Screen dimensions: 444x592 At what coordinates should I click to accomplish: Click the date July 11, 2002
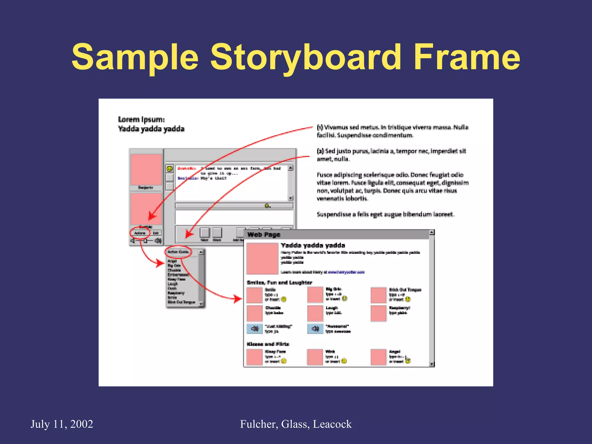pyautogui.click(x=62, y=424)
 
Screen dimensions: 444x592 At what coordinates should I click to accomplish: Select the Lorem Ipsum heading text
pyautogui.click(x=141, y=119)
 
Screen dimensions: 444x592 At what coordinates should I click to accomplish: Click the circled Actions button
pyautogui.click(x=140, y=233)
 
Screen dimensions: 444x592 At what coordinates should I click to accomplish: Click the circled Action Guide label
pyautogui.click(x=178, y=252)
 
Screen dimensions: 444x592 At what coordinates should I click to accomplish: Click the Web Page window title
pyautogui.click(x=264, y=234)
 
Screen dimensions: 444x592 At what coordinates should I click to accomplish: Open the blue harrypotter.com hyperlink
pyautogui.click(x=346, y=272)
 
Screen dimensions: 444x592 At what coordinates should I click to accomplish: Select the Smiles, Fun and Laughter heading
pyautogui.click(x=279, y=282)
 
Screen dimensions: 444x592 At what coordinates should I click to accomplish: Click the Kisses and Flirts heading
pyautogui.click(x=268, y=344)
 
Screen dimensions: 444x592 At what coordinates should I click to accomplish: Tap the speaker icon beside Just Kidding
pyautogui.click(x=254, y=329)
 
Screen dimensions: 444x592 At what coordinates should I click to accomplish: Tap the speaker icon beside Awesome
pyautogui.click(x=315, y=329)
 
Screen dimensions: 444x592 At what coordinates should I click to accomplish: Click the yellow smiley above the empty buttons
pyautogui.click(x=169, y=169)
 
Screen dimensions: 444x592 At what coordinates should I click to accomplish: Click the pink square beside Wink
pyautogui.click(x=315, y=357)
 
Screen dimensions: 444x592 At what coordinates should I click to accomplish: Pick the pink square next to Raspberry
pyautogui.click(x=378, y=313)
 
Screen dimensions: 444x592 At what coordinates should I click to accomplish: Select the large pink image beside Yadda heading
pyautogui.click(x=262, y=258)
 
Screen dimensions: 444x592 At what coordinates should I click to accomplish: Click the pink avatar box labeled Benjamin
pyautogui.click(x=146, y=170)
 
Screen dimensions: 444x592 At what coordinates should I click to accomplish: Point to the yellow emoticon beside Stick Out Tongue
pyautogui.click(x=408, y=299)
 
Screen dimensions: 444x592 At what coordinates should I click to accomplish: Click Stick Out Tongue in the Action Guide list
pyautogui.click(x=181, y=302)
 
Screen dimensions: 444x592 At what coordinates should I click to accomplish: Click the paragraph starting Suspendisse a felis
pyautogui.click(x=385, y=214)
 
